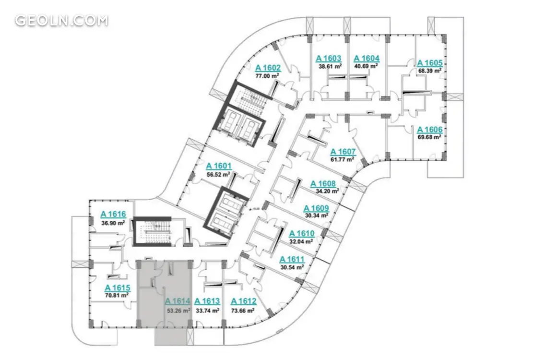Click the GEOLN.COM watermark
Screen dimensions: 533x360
[x=61, y=21]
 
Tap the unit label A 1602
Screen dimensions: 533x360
[x=268, y=67]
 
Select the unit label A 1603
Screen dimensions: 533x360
[x=328, y=59]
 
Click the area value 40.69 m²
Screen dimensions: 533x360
[x=366, y=66]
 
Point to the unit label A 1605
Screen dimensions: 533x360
[x=430, y=63]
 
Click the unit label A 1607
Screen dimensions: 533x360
[x=343, y=152]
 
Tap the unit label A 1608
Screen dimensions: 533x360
[x=323, y=183]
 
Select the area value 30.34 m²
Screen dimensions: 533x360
[x=317, y=216]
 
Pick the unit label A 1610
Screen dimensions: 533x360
[x=301, y=234]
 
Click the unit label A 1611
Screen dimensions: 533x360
[x=292, y=259]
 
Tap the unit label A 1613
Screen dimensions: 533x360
[x=207, y=301]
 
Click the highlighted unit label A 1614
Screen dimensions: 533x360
[x=178, y=301]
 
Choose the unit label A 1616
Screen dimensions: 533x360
[x=113, y=215]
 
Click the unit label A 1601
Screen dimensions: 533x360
[x=219, y=166]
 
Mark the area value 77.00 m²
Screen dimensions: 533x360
[x=268, y=76]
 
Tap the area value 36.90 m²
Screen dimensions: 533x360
[x=113, y=223]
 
